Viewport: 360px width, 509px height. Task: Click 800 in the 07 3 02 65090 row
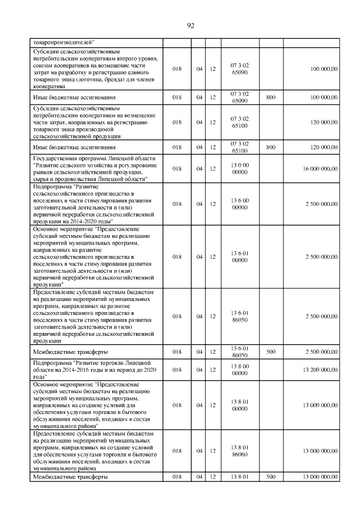pyautogui.click(x=271, y=98)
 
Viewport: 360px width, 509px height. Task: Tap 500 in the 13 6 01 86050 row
pyautogui.click(x=271, y=352)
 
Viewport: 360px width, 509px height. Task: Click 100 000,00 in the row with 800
pyautogui.click(x=323, y=98)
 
